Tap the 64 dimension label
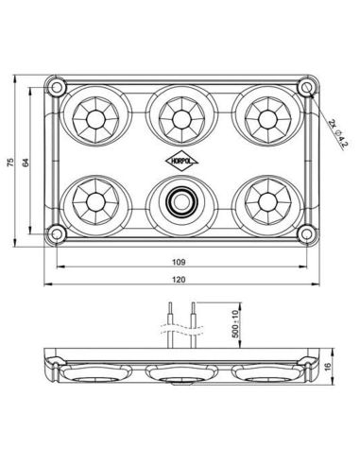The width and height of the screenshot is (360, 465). [28, 162]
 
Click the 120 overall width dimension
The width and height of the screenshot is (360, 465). [180, 281]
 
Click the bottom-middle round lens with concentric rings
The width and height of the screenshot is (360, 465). [180, 200]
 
